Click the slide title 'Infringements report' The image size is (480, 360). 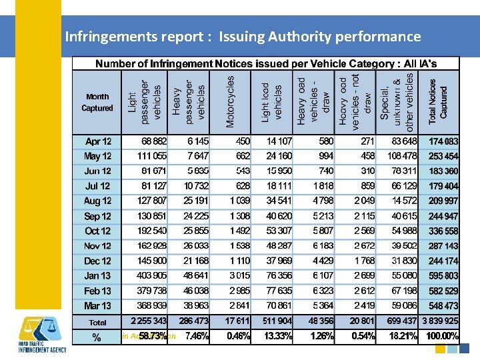pos(243,37)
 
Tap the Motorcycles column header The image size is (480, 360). pos(230,101)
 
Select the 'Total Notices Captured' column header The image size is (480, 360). pos(443,101)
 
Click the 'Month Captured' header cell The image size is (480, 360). pos(97,102)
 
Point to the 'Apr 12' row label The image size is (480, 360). pos(99,142)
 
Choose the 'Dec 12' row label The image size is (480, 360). pos(98,261)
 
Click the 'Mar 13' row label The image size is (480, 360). pos(98,305)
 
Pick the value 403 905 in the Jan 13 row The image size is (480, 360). pos(151,275)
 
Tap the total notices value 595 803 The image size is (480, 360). pos(443,275)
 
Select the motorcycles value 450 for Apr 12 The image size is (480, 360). pos(242,141)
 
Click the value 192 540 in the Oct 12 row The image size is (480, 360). pos(151,231)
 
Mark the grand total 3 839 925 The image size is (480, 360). pos(439,321)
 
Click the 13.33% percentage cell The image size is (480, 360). pos(277,337)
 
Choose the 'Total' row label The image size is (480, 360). pos(98,321)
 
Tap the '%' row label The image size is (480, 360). pos(97,337)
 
